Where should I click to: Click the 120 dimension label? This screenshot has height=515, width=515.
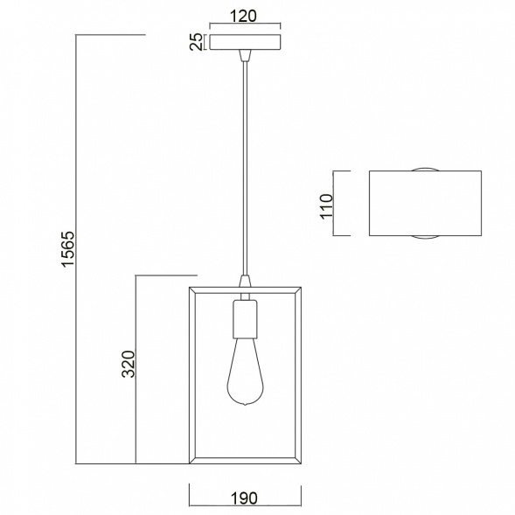coord(243,16)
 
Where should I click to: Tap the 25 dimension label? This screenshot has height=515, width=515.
coord(197,42)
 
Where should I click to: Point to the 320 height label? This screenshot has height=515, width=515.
coord(129,365)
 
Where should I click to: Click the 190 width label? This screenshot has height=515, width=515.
coord(245,498)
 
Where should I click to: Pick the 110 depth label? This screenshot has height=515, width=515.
coord(326,206)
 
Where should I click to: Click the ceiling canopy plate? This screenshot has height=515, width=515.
coord(245,42)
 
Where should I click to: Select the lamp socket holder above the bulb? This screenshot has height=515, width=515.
coord(245,319)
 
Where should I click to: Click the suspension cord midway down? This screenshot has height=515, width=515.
coord(245,169)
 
